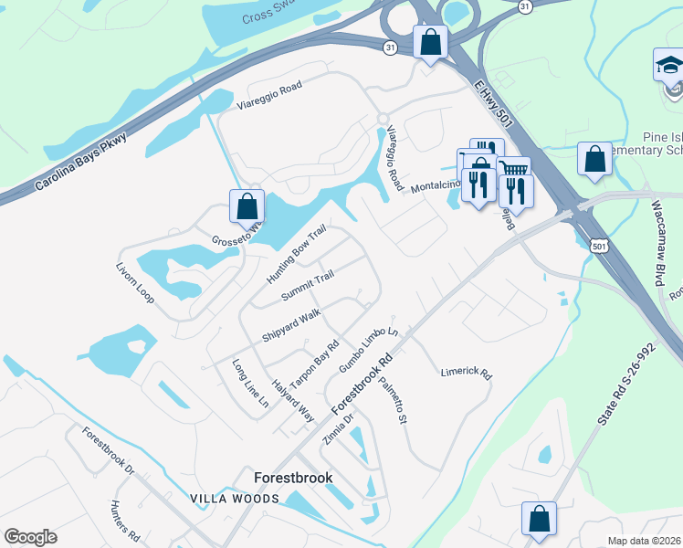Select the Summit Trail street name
tap(307, 286)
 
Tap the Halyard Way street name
tap(292, 400)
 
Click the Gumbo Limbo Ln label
tap(369, 350)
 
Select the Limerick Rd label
tap(466, 374)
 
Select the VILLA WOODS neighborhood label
tap(235, 499)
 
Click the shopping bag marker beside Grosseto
tap(247, 205)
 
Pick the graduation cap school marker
tap(670, 66)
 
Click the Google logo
tap(31, 537)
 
